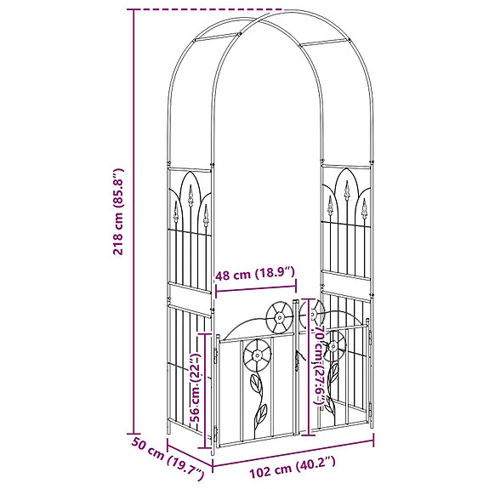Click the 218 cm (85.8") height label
[x=118, y=212]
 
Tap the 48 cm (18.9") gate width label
[x=255, y=274]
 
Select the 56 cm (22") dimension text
[x=196, y=388]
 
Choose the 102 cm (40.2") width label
[x=293, y=467]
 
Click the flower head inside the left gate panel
[x=258, y=355]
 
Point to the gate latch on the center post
[x=299, y=359]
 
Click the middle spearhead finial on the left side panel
[x=190, y=196]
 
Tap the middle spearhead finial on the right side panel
[x=346, y=190]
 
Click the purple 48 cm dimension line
[x=256, y=288]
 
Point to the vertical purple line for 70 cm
[x=309, y=367]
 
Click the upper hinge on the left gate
[x=215, y=355]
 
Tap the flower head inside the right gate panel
[x=333, y=346]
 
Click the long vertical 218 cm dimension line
[x=134, y=221]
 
